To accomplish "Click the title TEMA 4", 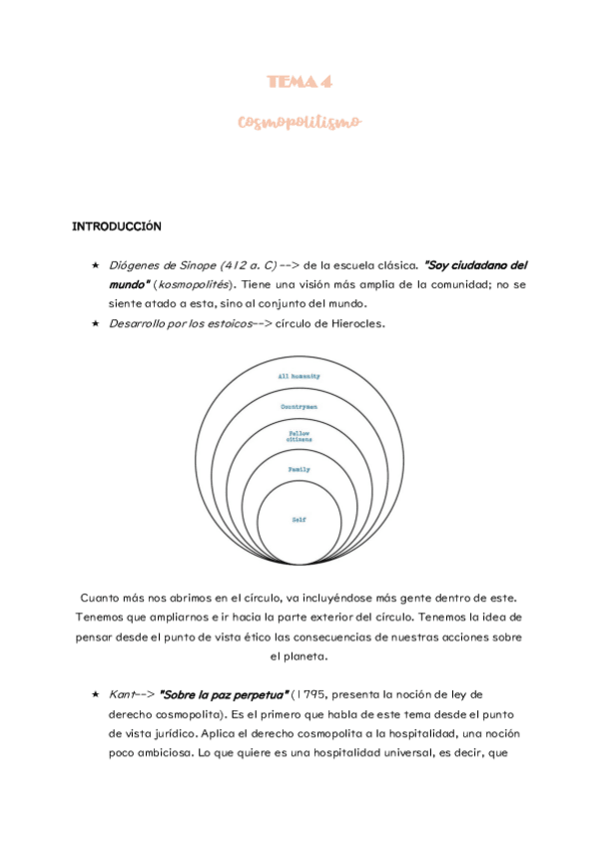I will click(299, 81).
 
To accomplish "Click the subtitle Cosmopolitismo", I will click(299, 122).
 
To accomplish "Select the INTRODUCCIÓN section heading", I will click(118, 226).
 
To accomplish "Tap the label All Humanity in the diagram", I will click(299, 376).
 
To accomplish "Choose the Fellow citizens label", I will click(299, 436).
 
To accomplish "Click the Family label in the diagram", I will click(299, 469).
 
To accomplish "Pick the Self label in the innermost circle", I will click(299, 520).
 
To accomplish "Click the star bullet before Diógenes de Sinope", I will click(95, 265).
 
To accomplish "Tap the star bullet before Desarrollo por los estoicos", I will click(95, 324).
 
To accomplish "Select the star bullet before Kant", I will click(95, 693).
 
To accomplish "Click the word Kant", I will click(122, 693).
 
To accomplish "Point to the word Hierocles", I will click(357, 324).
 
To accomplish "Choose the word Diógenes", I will click(133, 265).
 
